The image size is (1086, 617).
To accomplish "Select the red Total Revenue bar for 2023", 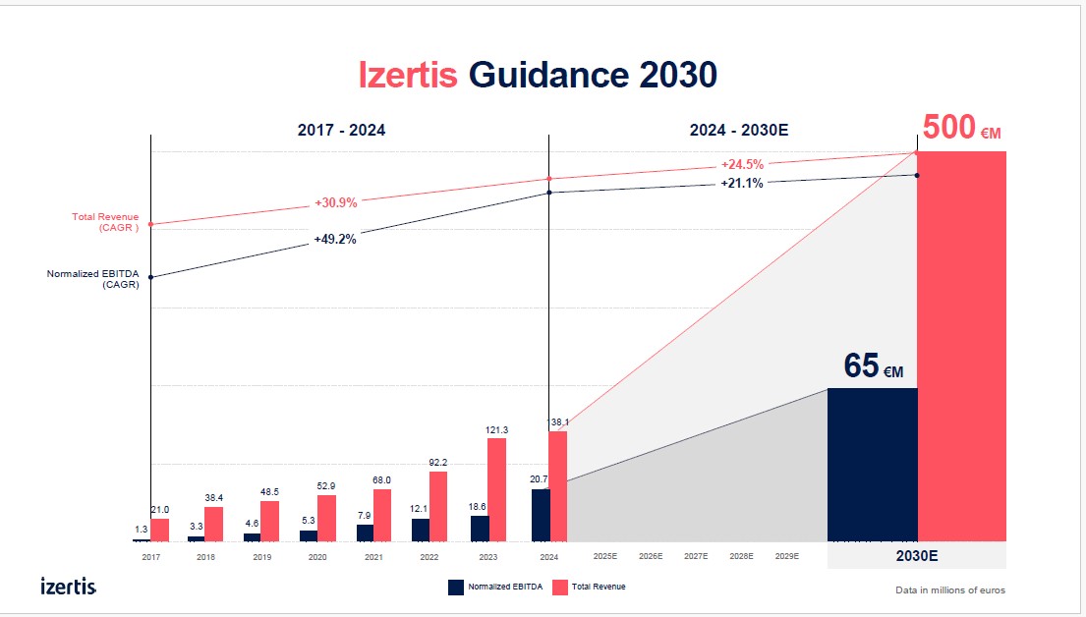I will [496, 489].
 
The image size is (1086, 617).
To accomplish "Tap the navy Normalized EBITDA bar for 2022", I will [420, 530].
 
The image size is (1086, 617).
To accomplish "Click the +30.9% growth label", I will [336, 202].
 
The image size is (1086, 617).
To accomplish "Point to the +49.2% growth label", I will [335, 239].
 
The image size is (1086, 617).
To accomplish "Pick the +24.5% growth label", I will [742, 164].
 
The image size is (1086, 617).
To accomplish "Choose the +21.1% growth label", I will [742, 183].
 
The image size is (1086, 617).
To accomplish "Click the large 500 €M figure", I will [961, 129].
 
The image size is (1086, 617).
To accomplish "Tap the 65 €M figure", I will [873, 366].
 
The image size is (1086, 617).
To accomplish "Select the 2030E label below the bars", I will [916, 555].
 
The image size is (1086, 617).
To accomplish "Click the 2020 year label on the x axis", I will [317, 557].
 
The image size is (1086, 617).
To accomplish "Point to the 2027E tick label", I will [696, 557].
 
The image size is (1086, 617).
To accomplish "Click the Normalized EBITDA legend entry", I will [494, 587].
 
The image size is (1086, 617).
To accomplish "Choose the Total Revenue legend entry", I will [590, 587].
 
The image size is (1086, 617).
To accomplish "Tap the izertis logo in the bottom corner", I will [69, 587].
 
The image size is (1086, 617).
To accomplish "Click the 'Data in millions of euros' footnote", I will [950, 589].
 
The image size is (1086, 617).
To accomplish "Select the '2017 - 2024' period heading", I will [341, 130].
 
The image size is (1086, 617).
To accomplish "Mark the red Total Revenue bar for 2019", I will [269, 521].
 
